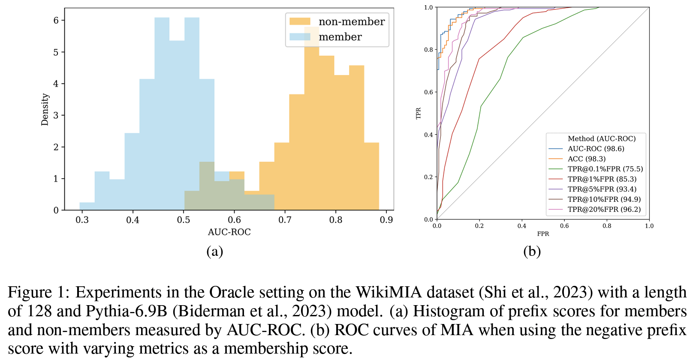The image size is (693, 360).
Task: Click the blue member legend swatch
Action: point(300,37)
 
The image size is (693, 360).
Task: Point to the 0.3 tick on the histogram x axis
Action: point(82,220)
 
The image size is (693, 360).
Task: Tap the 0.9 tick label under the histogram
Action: point(386,220)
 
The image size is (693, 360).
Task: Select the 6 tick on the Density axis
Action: point(56,20)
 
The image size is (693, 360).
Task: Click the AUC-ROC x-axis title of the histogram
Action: point(229,232)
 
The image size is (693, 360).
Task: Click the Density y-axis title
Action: point(45,109)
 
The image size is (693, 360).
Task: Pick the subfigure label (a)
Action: point(214,251)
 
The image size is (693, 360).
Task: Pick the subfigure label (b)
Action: point(532,251)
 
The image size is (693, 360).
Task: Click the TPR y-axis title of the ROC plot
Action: point(419,113)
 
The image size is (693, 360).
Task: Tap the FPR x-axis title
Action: point(543,234)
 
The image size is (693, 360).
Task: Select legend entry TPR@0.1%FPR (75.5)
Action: point(605,169)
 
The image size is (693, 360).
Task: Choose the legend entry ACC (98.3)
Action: point(587,159)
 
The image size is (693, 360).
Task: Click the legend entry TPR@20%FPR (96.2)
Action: point(604,209)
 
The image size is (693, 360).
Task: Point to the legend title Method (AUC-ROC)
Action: point(602,138)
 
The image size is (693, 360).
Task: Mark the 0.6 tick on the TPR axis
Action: point(428,92)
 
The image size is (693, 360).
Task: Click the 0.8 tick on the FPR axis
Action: point(607,226)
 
